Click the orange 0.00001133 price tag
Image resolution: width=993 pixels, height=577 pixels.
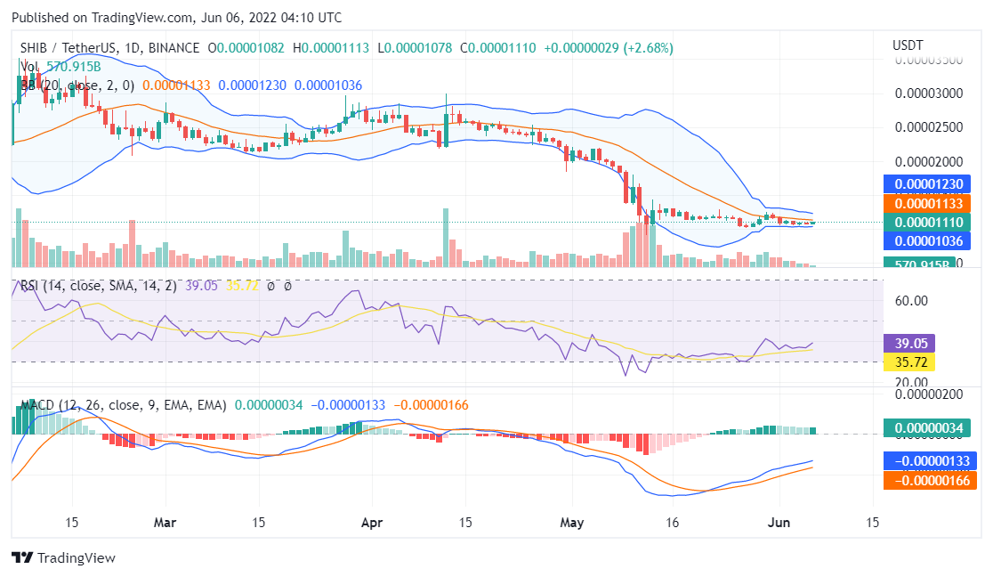(x=930, y=204)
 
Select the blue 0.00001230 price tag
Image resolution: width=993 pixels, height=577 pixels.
(x=930, y=184)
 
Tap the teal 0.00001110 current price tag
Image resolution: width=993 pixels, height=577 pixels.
(x=930, y=222)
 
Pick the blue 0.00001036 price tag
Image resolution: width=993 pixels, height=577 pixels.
(x=930, y=240)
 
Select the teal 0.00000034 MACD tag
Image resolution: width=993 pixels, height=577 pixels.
(x=930, y=428)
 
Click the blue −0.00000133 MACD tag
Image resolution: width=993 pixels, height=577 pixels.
(x=930, y=461)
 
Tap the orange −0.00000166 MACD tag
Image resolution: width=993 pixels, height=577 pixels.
(x=930, y=481)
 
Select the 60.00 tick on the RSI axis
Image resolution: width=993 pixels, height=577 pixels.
(x=911, y=301)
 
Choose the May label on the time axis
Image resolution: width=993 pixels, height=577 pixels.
(x=572, y=523)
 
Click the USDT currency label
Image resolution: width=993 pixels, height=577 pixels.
(x=908, y=45)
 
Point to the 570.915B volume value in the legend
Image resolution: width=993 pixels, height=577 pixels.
(x=74, y=67)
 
